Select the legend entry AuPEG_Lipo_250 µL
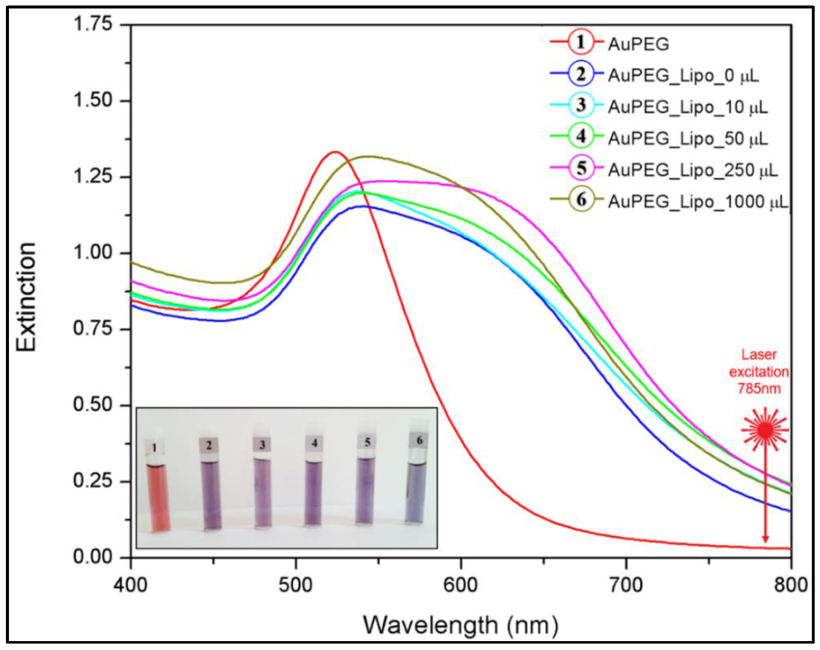click(692, 170)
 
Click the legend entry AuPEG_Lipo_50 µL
click(688, 138)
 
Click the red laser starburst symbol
click(765, 431)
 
